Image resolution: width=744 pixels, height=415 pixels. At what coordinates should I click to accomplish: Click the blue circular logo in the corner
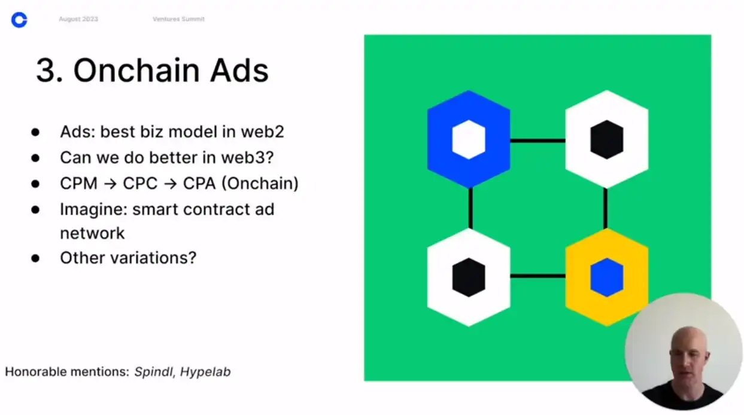pyautogui.click(x=19, y=20)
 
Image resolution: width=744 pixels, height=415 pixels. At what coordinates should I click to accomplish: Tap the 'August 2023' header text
pyautogui.click(x=78, y=19)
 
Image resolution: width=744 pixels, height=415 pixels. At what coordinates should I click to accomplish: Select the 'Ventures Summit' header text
pyautogui.click(x=179, y=19)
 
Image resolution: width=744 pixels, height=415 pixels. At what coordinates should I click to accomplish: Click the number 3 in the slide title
pyautogui.click(x=45, y=71)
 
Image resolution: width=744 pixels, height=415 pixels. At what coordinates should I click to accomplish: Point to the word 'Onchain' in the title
pyautogui.click(x=136, y=70)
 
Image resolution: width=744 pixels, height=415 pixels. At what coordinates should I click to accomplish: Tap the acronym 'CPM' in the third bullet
pyautogui.click(x=79, y=184)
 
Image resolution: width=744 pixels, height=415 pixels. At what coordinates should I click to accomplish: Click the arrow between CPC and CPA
pyautogui.click(x=171, y=184)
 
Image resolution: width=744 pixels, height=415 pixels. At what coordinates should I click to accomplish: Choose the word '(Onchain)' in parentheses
pyautogui.click(x=260, y=184)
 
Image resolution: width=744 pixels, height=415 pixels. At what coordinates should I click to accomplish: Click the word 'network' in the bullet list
pyautogui.click(x=92, y=233)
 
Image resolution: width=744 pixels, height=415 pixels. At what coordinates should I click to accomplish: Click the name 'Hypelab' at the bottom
pyautogui.click(x=205, y=372)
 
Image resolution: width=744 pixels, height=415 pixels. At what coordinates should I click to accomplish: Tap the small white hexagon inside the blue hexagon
pyautogui.click(x=469, y=139)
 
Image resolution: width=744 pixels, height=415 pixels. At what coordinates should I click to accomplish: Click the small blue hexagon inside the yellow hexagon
pyautogui.click(x=607, y=277)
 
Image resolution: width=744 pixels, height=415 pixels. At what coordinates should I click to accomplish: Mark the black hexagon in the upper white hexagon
pyautogui.click(x=607, y=139)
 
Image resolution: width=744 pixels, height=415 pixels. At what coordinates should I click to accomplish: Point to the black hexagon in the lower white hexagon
pyautogui.click(x=469, y=277)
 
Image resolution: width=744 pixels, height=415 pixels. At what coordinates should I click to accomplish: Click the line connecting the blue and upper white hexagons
pyautogui.click(x=537, y=141)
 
